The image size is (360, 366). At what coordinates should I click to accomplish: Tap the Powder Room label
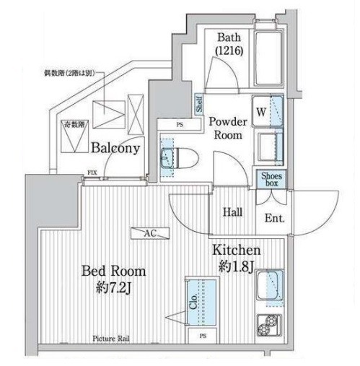pyautogui.click(x=228, y=128)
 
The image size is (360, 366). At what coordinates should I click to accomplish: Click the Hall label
pyautogui.click(x=232, y=213)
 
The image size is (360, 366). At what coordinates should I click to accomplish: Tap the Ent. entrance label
pyautogui.click(x=274, y=217)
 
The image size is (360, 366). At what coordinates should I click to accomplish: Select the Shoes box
pyautogui.click(x=272, y=178)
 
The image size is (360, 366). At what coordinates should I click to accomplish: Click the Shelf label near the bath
pyautogui.click(x=198, y=105)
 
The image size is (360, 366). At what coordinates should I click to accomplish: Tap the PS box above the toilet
pyautogui.click(x=178, y=125)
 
